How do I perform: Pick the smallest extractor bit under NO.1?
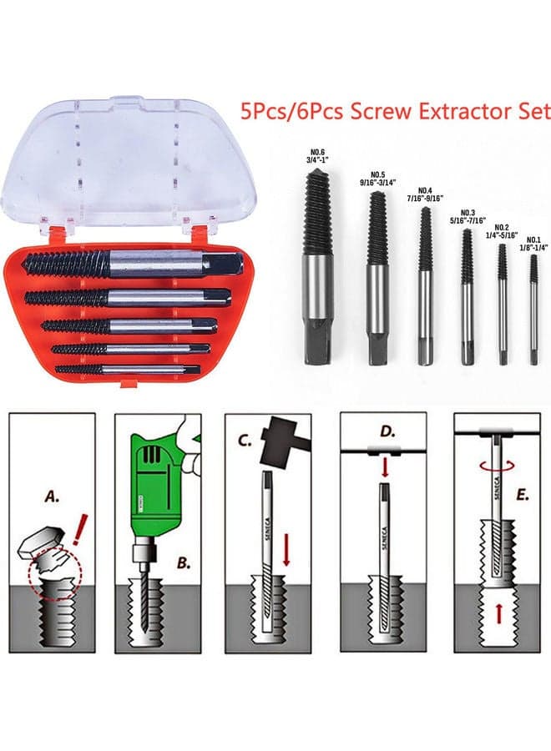coord(533,310)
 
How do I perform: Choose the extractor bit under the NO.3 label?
coord(468,297)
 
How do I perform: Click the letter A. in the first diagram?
coord(53,496)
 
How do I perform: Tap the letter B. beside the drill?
coord(184,562)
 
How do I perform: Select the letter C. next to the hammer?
coord(245,440)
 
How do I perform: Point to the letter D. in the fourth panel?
coord(387,431)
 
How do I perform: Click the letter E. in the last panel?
coord(522,496)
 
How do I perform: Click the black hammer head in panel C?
coord(279,441)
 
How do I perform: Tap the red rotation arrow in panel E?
coord(497,465)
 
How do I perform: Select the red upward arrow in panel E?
coord(498,612)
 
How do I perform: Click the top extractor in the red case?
coord(134,264)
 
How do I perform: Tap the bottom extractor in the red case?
coord(128,370)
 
